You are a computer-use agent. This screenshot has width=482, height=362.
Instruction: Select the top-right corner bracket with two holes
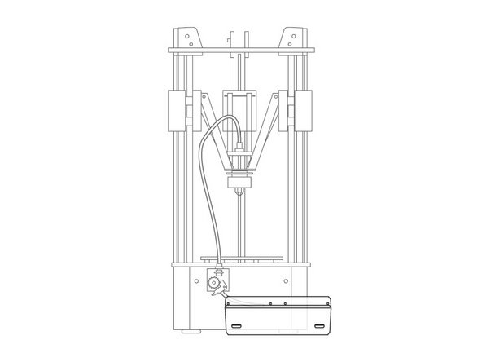(x=291, y=37)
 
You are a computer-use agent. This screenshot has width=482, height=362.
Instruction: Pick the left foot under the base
(x=191, y=331)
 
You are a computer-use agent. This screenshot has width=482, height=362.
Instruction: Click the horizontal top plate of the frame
(x=241, y=51)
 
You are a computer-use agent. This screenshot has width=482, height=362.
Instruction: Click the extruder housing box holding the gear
(x=218, y=280)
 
